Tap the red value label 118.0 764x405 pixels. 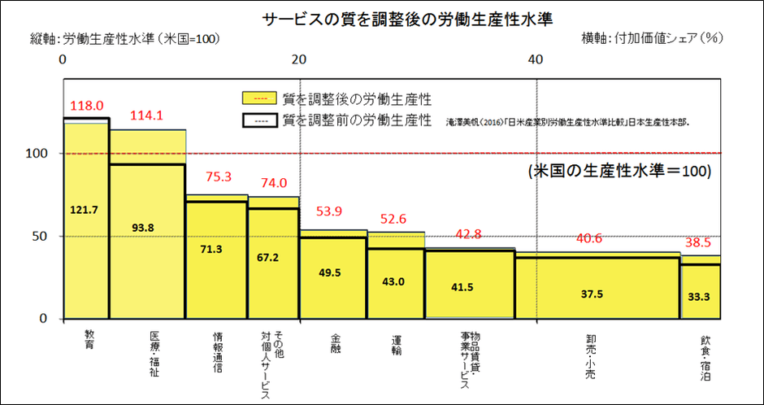coord(87,106)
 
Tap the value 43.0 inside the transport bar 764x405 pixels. coord(396,281)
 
